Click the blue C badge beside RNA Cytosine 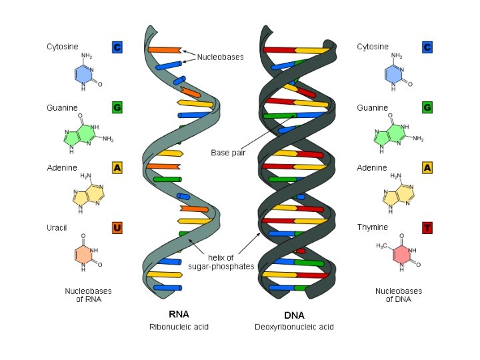coord(117,47)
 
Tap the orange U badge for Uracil coord(117,228)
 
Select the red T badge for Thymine coord(427,228)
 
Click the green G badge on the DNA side coord(427,107)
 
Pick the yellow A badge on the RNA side coord(117,168)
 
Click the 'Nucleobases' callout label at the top coord(220,57)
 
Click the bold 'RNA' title coord(179,314)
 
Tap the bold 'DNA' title coord(294,314)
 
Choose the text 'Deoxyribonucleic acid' coord(294,327)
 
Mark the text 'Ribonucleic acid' coord(179,327)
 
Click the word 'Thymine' coord(372,228)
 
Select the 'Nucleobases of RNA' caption coord(88,295)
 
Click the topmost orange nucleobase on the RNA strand coord(164,50)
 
